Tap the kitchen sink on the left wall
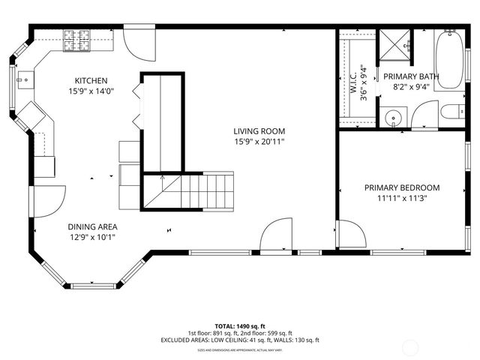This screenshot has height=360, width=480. pyautogui.click(x=24, y=78)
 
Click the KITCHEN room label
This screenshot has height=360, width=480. pyautogui.click(x=91, y=81)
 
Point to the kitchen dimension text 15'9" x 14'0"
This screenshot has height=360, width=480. pyautogui.click(x=91, y=91)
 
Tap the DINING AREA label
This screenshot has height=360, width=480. pyautogui.click(x=92, y=226)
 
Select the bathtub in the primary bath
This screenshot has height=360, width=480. pyautogui.click(x=451, y=60)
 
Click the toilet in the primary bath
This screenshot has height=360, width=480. pyautogui.click(x=452, y=113)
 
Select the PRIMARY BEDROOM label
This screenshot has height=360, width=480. pyautogui.click(x=402, y=188)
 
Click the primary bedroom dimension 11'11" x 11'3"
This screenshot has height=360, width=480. pyautogui.click(x=402, y=199)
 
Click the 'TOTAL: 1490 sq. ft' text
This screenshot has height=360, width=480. pyautogui.click(x=239, y=326)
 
